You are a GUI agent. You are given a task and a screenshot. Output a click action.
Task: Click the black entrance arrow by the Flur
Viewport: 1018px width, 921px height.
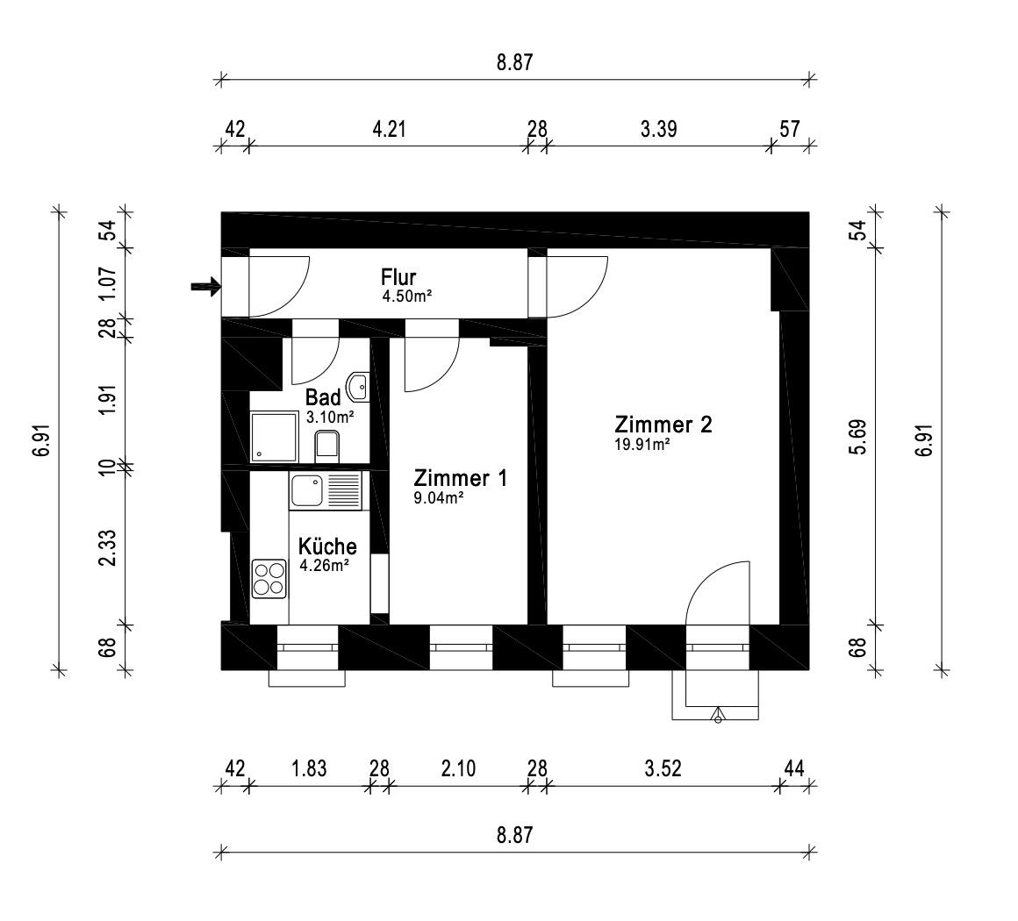(x=205, y=286)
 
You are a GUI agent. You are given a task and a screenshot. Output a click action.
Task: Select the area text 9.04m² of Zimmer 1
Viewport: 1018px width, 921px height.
(x=439, y=497)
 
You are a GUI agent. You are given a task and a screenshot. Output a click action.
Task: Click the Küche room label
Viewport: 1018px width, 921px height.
(x=326, y=546)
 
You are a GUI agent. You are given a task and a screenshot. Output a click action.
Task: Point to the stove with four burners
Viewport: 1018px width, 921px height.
(x=269, y=579)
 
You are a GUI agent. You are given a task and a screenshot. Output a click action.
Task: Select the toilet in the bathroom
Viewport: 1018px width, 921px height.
(x=327, y=446)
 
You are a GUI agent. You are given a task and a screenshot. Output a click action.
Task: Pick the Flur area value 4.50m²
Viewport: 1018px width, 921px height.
(x=405, y=296)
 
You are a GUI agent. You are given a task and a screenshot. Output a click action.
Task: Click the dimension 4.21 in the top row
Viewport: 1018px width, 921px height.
(x=389, y=130)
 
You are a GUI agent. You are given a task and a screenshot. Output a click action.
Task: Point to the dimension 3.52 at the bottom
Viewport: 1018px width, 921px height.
(x=663, y=769)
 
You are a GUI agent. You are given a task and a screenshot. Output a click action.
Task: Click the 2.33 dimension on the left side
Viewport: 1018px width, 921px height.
(x=108, y=546)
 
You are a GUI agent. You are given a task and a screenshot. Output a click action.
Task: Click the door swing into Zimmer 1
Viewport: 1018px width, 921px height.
(x=430, y=366)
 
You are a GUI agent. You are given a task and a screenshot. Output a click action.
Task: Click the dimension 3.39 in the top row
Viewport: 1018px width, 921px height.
(x=658, y=130)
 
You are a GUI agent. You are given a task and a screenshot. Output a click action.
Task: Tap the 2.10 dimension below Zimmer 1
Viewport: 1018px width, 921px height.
(x=458, y=769)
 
